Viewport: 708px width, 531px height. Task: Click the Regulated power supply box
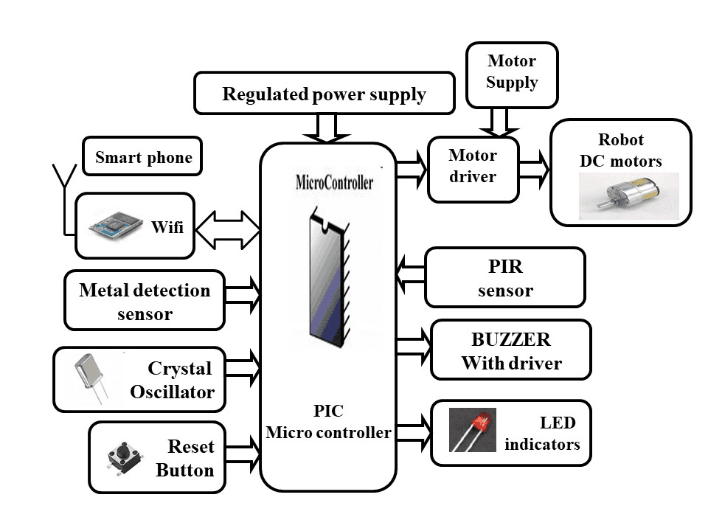click(x=324, y=94)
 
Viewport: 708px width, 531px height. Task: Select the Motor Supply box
click(x=512, y=72)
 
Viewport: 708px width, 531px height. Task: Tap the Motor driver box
click(x=473, y=167)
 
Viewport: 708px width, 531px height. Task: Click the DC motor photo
click(x=628, y=195)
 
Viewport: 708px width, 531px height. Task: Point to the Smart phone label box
click(x=142, y=156)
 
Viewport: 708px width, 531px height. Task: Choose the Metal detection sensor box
click(x=145, y=302)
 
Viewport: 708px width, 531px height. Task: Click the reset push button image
click(x=121, y=457)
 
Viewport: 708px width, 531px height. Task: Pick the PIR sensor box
click(x=504, y=278)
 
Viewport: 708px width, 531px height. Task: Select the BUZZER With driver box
click(x=510, y=350)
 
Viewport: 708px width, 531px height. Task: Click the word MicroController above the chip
click(x=334, y=182)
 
